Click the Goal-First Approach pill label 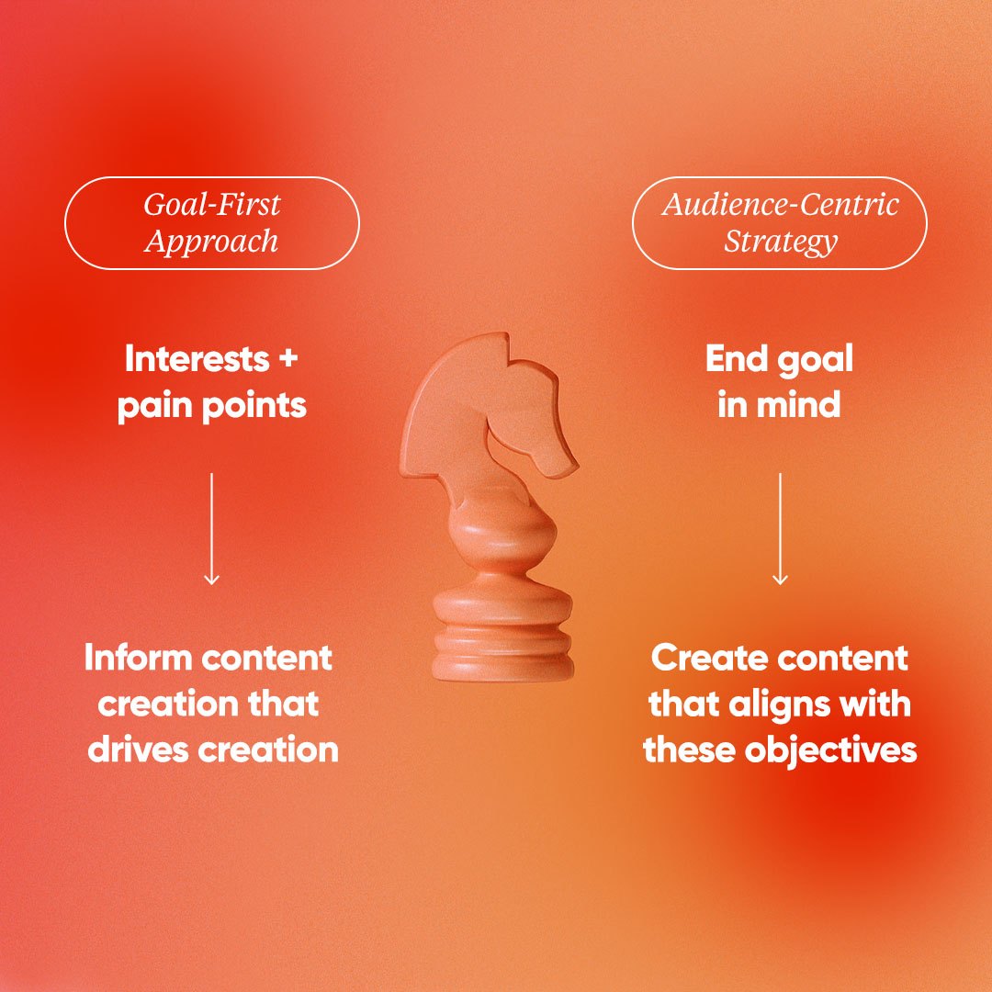(x=211, y=223)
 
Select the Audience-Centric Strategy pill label (x=780, y=223)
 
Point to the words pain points (x=211, y=405)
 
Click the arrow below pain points (x=211, y=528)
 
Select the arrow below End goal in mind (x=780, y=528)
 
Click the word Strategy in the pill (x=780, y=242)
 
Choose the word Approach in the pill (x=211, y=242)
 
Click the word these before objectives (x=688, y=750)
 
